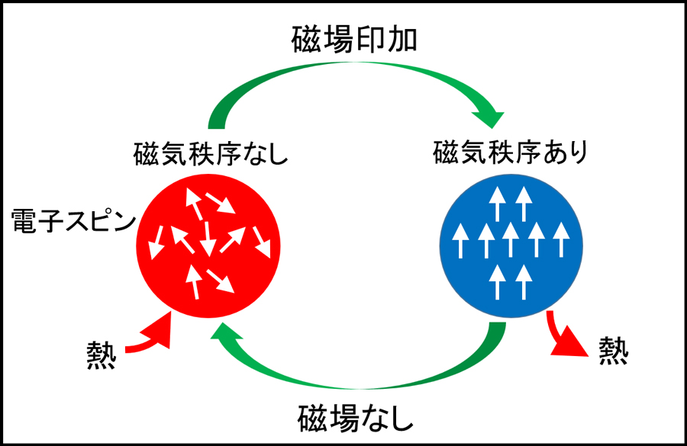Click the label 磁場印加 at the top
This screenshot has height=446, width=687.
[355, 39]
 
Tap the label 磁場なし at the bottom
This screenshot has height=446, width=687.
[355, 418]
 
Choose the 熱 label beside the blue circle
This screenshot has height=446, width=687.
[613, 351]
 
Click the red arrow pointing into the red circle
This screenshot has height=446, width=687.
[150, 339]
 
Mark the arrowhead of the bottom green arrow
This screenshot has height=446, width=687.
[224, 334]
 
